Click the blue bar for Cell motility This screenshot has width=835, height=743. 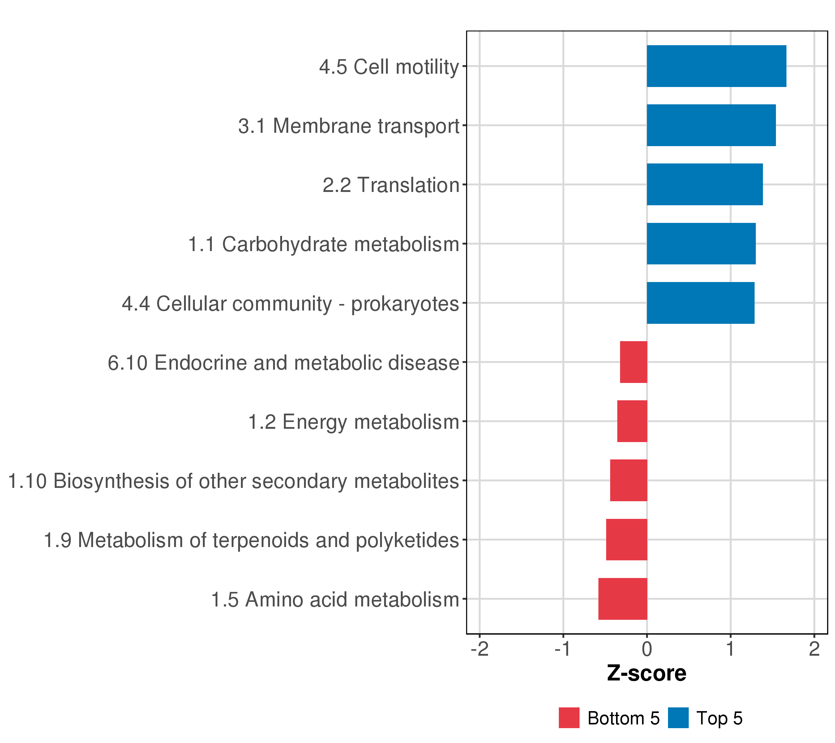(717, 66)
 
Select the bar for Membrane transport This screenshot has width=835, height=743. (711, 125)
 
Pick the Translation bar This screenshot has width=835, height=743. (705, 185)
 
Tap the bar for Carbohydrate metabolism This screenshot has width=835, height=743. (701, 244)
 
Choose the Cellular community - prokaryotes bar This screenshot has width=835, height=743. (700, 303)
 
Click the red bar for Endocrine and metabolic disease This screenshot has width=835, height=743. (634, 362)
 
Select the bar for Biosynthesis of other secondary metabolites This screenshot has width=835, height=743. (629, 480)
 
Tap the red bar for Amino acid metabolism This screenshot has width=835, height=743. (623, 599)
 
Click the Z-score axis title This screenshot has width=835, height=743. (647, 673)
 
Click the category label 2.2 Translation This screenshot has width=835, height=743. (391, 185)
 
